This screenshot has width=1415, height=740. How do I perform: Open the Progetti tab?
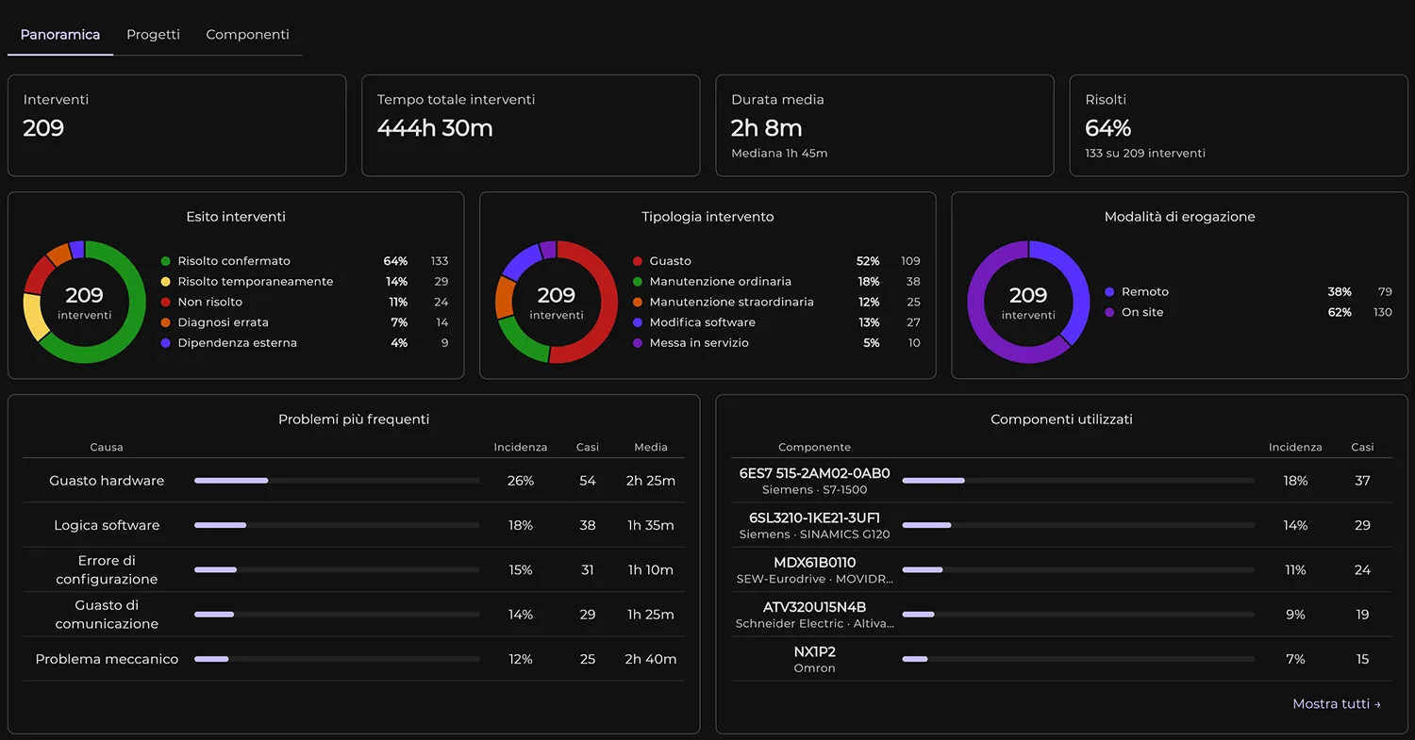tap(153, 35)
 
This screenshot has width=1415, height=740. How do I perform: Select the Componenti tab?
tap(247, 35)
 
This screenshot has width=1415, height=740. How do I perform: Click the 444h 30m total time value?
tap(435, 128)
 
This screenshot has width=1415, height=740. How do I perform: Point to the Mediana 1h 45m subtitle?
tap(779, 154)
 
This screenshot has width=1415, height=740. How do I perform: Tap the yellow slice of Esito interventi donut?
tap(35, 317)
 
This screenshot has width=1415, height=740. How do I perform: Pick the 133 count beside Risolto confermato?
tap(439, 261)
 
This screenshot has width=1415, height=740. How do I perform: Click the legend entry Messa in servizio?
tap(699, 343)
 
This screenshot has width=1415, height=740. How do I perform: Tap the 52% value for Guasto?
tap(867, 261)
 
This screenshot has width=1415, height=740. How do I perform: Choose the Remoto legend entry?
tap(1144, 291)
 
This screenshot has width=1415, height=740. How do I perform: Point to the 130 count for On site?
tap(1382, 313)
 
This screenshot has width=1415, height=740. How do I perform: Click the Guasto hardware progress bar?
tap(337, 481)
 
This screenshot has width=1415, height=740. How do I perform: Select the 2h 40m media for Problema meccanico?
tap(651, 659)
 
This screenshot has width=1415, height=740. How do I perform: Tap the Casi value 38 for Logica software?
tap(588, 525)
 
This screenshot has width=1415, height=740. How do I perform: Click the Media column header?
tap(651, 447)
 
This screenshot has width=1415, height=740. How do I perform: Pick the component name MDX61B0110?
tap(814, 563)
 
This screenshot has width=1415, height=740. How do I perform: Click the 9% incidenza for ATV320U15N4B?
tap(1295, 615)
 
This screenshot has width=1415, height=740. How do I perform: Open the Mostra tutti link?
tap(1336, 704)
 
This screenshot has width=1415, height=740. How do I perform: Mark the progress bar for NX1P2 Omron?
tap(1078, 659)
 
